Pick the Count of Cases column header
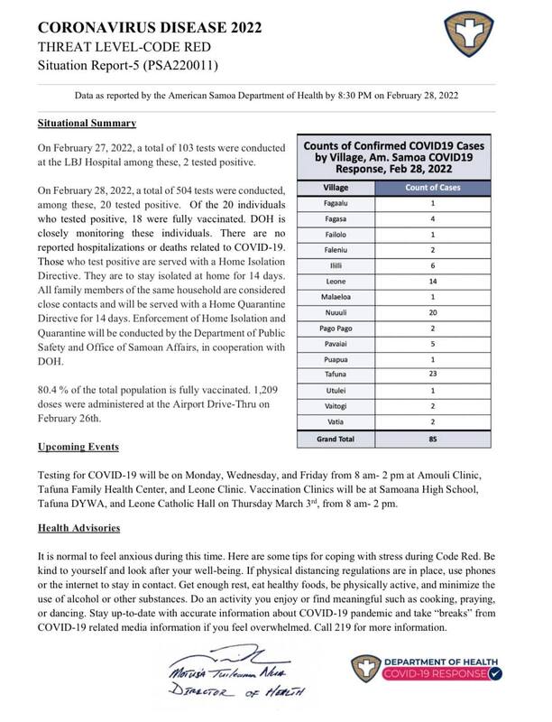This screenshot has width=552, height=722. (435, 187)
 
